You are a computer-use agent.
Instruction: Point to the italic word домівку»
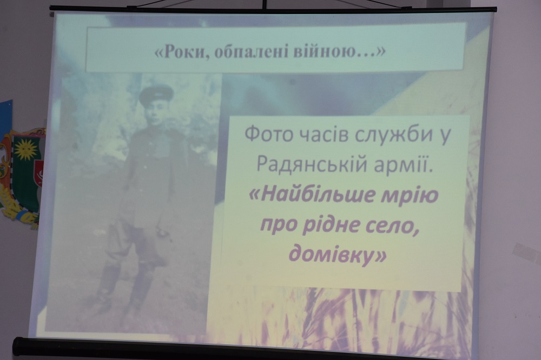coord(337,255)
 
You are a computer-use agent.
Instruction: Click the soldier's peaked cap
coord(156,94)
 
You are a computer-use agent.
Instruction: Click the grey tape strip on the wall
coord(526,253)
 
